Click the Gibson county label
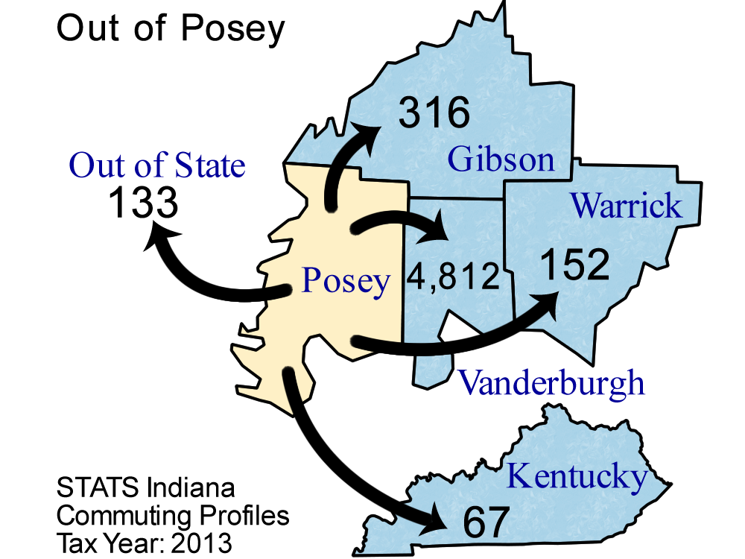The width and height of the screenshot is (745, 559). pyautogui.click(x=501, y=160)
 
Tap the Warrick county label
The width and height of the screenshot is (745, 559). pyautogui.click(x=626, y=205)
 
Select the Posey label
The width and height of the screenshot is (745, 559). pyautogui.click(x=346, y=282)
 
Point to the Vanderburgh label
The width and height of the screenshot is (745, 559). pyautogui.click(x=551, y=382)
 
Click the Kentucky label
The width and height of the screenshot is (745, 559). pyautogui.click(x=577, y=476)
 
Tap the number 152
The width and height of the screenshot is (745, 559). pyautogui.click(x=574, y=265)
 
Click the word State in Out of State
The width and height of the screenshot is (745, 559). pyautogui.click(x=210, y=165)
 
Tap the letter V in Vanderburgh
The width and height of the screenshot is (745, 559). pyautogui.click(x=469, y=382)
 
